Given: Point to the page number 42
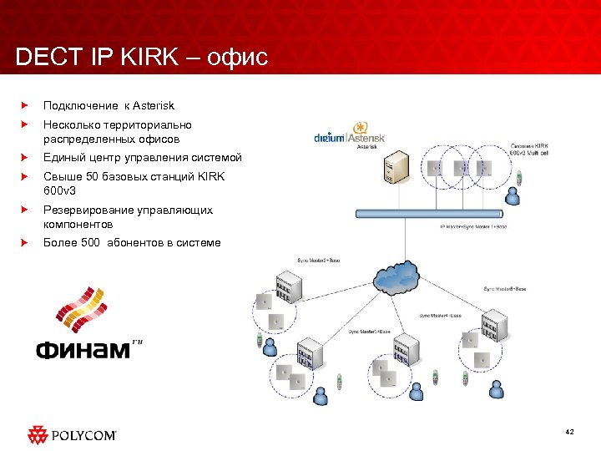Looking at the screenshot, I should pos(569,432).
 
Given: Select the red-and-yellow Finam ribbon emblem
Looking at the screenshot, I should pos(81,311).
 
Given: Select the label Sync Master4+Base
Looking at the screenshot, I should pos(440,315).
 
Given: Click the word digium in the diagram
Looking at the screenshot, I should pos(330,137).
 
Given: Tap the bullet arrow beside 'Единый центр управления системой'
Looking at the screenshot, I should pos(25,157).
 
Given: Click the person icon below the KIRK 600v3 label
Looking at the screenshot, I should pos(515,197).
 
